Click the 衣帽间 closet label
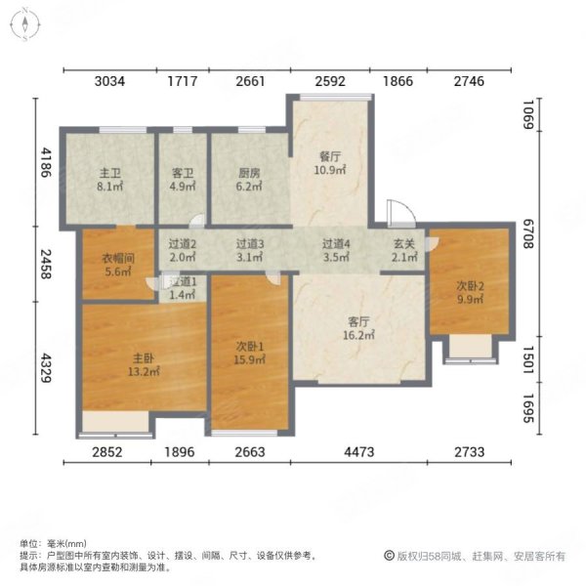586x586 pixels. [118, 266]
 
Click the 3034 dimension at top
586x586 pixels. [109, 82]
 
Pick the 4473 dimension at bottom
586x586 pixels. [360, 451]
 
